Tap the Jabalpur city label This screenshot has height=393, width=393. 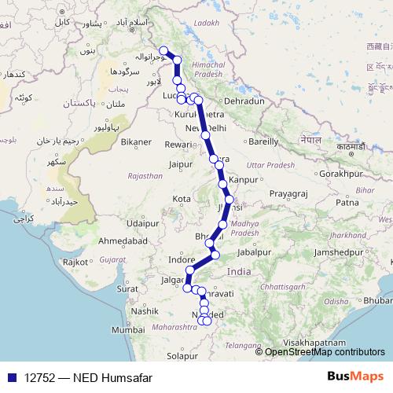pyautogui.click(x=257, y=252)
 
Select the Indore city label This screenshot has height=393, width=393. pyautogui.click(x=182, y=259)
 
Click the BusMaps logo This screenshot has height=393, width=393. pyautogui.click(x=355, y=377)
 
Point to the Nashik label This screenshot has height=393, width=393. pyautogui.click(x=144, y=311)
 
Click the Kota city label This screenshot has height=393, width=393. pyautogui.click(x=182, y=199)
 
